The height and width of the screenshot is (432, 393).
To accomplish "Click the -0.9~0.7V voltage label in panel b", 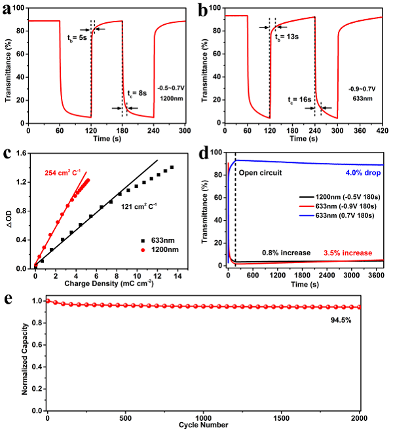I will tap(362, 86).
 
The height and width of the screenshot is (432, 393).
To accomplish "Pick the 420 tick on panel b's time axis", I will tap(382, 130).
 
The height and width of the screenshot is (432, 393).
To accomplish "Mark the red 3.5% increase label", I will tap(348, 253).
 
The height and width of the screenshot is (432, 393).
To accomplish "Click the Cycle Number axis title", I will tap(202, 425).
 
